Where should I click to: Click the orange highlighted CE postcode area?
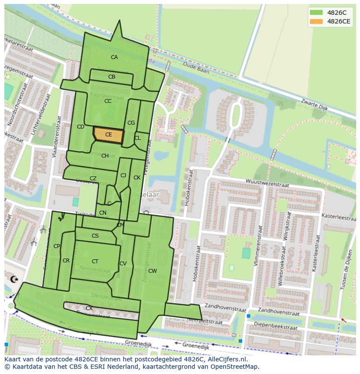click(x=109, y=135)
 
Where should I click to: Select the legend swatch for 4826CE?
click(x=317, y=21)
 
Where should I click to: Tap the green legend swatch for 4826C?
click(x=317, y=13)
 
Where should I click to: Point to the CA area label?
click(x=114, y=57)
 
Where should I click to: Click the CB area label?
click(x=112, y=77)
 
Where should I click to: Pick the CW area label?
click(x=152, y=271)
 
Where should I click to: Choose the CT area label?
click(x=95, y=261)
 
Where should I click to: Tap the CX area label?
click(x=89, y=308)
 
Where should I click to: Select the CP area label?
click(x=57, y=246)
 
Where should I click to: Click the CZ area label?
click(x=93, y=179)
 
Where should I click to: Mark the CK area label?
click(x=137, y=178)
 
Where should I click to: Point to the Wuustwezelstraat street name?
click(x=267, y=183)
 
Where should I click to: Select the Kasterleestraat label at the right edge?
click(x=338, y=216)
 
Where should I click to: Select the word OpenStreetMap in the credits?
click(x=234, y=367)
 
